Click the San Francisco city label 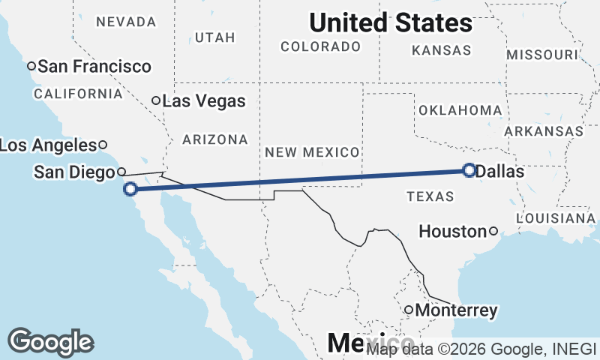click(94, 67)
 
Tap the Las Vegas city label click(204, 100)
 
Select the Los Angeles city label click(48, 145)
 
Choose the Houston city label click(452, 232)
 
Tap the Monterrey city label click(457, 310)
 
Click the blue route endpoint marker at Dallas click(469, 170)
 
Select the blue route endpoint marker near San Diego click(130, 189)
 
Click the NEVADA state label click(126, 22)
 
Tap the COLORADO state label click(320, 46)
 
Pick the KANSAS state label click(442, 51)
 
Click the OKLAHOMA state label click(460, 110)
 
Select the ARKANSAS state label click(544, 131)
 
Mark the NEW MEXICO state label click(312, 152)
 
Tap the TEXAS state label click(430, 196)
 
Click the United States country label click(391, 22)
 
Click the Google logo click(50, 342)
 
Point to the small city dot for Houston click(493, 231)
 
